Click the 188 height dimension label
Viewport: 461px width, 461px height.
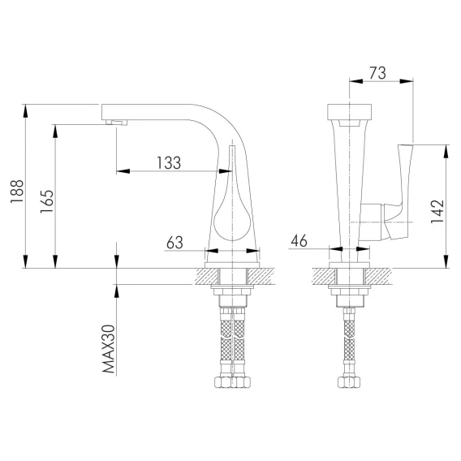pyautogui.click(x=17, y=191)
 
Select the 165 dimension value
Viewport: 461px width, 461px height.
pyautogui.click(x=47, y=201)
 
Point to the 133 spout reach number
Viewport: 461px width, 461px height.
pyautogui.click(x=169, y=163)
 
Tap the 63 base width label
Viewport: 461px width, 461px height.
pyautogui.click(x=174, y=243)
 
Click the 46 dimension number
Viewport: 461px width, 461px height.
pyautogui.click(x=299, y=241)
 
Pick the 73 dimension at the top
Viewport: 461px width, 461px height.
pyautogui.click(x=377, y=73)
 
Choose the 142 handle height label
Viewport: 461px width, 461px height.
pyautogui.click(x=437, y=211)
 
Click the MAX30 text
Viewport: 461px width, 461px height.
pyautogui.click(x=108, y=349)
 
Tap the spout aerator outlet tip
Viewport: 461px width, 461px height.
pyautogui.click(x=117, y=123)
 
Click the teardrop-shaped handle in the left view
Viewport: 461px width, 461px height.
pyautogui.click(x=232, y=206)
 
